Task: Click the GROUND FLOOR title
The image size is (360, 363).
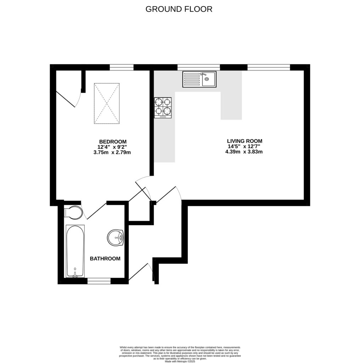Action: [x=179, y=9]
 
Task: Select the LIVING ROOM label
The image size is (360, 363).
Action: [x=244, y=141]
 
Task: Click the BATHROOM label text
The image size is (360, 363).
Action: [x=105, y=259]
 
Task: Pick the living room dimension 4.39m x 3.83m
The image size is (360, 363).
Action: [x=244, y=152]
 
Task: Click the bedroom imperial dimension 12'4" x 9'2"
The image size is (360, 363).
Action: [x=113, y=147]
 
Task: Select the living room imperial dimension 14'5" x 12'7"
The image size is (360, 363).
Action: [x=244, y=146]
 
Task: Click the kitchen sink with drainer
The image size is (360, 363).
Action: [x=199, y=79]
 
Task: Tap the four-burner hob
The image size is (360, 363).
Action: [x=163, y=108]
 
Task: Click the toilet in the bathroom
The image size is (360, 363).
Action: [x=73, y=213]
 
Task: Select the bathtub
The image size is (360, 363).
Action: [x=75, y=251]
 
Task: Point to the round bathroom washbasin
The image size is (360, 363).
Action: [x=115, y=237]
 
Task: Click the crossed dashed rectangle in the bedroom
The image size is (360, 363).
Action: [x=107, y=104]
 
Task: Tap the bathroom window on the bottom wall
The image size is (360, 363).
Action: [x=99, y=281]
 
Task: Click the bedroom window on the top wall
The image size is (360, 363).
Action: [x=122, y=67]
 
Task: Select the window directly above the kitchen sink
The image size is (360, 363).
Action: [x=198, y=67]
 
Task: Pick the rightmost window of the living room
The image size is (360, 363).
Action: [x=269, y=67]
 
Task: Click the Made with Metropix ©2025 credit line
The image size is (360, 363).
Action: [x=180, y=361]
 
